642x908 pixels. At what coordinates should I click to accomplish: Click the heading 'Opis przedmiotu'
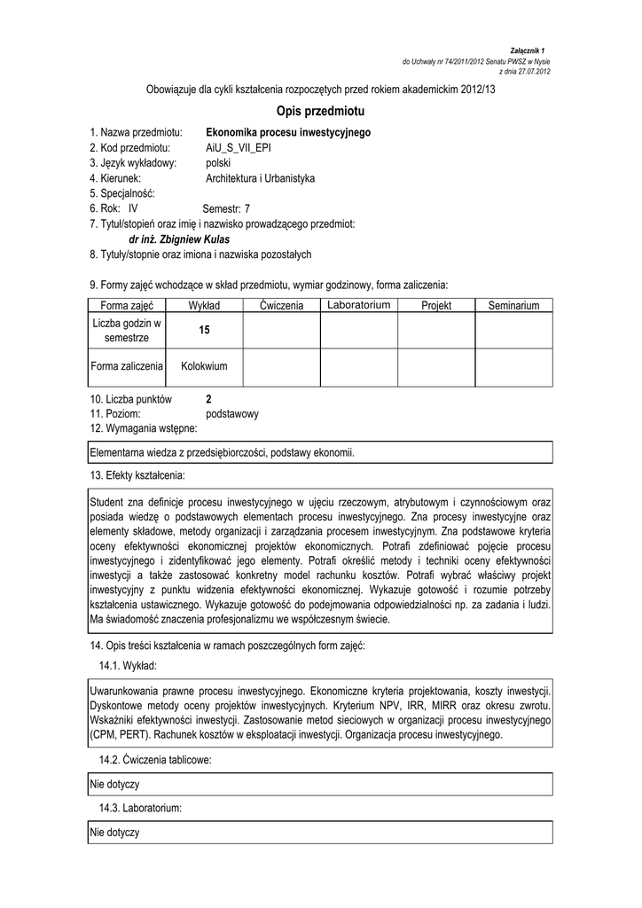click(x=321, y=113)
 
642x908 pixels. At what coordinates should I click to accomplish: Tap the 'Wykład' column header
click(x=204, y=305)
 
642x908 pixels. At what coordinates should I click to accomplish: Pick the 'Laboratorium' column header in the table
click(x=358, y=305)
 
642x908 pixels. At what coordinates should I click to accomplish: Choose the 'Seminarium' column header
click(x=513, y=305)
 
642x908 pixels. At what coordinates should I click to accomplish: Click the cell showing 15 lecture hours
click(x=204, y=330)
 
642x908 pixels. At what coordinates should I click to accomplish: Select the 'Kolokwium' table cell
click(x=204, y=365)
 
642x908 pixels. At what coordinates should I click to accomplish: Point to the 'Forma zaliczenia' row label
click(x=127, y=365)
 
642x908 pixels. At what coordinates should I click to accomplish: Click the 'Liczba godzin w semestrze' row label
click(x=127, y=330)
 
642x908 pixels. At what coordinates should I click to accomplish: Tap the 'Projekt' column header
click(x=436, y=305)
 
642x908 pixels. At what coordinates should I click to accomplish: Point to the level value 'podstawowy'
click(x=231, y=413)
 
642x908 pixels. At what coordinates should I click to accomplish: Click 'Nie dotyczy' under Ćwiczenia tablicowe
click(x=115, y=785)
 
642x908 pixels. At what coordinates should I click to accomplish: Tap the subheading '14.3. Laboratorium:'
click(x=141, y=809)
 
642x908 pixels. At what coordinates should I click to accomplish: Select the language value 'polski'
click(x=218, y=163)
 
